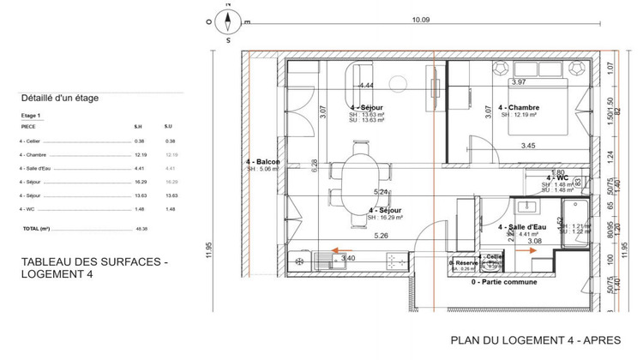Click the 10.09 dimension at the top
click(420, 20)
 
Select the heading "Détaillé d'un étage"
click(59, 98)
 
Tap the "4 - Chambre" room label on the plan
click(518, 107)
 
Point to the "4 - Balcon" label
click(262, 162)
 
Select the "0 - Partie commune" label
click(504, 281)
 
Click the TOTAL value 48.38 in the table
click(141, 229)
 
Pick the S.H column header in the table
click(137, 126)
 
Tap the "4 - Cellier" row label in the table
click(31, 141)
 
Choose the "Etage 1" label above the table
click(31, 114)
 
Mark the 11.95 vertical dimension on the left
click(208, 249)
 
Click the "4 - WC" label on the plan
click(557, 177)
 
